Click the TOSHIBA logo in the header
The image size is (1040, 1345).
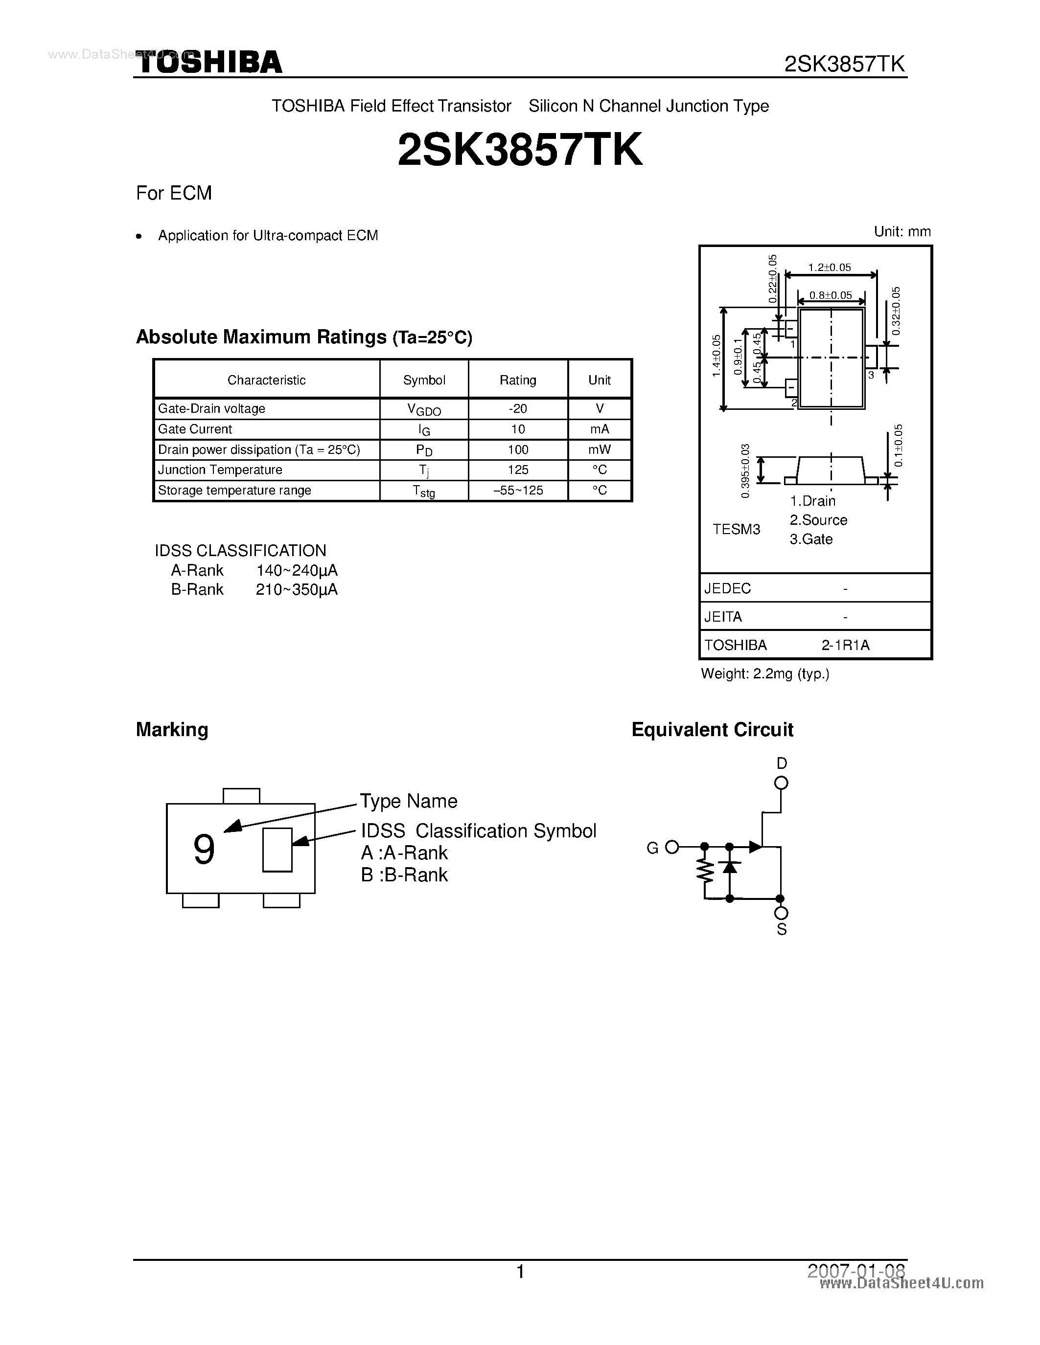pos(208,63)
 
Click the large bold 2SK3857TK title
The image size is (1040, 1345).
pos(520,150)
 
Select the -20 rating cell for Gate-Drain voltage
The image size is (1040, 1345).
pos(517,409)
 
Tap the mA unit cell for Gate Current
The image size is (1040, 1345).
pos(599,429)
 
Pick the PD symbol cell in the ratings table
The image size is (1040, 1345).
pos(424,450)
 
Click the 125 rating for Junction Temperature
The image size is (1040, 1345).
pos(517,470)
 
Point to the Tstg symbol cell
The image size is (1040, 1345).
pos(424,491)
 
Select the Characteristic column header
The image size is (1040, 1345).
pos(266,380)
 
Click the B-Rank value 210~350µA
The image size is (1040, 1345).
pos(297,590)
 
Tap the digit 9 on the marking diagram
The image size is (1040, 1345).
pos(204,850)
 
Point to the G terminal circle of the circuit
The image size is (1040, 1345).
pos(672,848)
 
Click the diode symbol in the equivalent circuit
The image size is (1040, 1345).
pos(730,867)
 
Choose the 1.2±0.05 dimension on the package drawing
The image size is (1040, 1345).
pos(829,267)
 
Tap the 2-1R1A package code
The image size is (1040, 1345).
pos(845,646)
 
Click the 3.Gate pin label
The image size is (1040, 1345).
pos(811,539)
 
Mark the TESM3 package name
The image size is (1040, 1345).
pos(736,529)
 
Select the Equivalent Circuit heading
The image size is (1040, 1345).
pos(712,730)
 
